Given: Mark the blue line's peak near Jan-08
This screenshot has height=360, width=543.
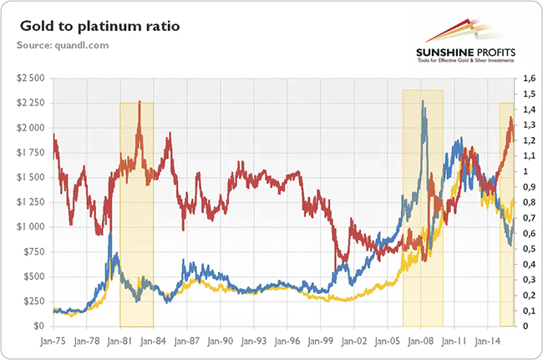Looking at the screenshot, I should tap(424, 103).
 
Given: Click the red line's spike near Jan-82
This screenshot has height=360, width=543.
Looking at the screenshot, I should tap(139, 103).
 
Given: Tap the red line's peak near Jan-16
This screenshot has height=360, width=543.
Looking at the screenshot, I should tap(510, 119).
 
